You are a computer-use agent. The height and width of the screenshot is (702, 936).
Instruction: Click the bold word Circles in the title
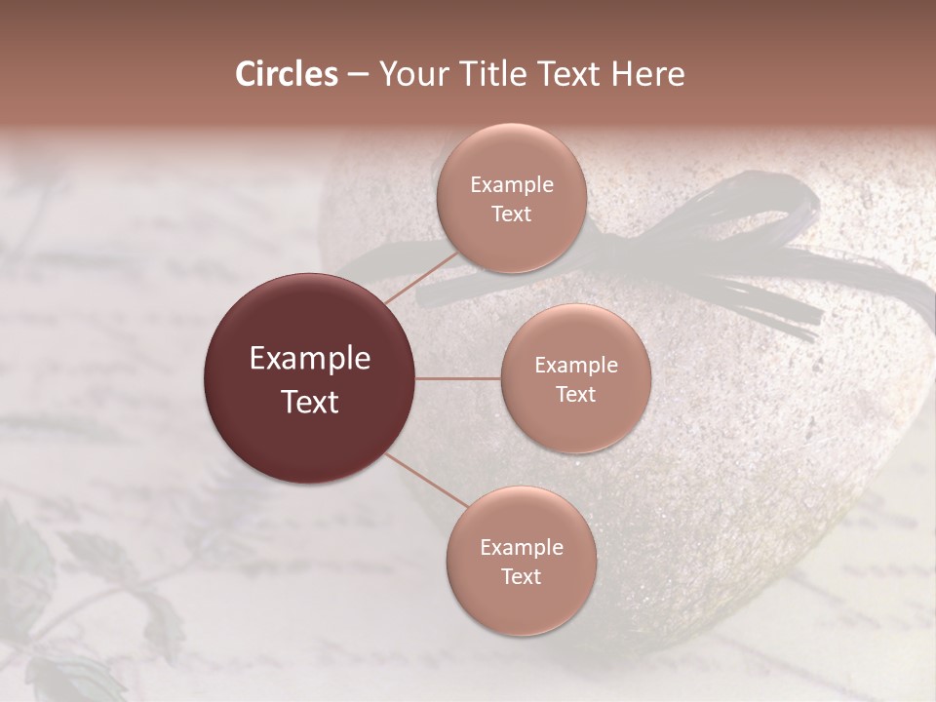pos(287,74)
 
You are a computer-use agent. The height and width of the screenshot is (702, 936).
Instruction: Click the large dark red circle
pos(310,378)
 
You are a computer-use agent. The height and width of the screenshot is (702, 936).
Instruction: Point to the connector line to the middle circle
pos(458,378)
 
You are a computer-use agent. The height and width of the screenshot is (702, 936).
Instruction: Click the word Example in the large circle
pos(310,359)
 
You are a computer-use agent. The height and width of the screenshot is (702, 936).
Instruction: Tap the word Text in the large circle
pos(310,402)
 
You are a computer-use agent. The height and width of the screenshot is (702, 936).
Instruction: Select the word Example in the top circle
pos(512,184)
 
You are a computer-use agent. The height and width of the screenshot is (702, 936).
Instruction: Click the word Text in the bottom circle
pos(521,576)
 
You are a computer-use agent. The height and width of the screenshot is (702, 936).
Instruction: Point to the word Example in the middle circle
pos(576,365)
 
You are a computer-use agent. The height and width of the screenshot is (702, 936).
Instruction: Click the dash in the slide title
pos(358,74)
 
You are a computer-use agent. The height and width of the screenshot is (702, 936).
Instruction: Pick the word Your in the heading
pos(409,74)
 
